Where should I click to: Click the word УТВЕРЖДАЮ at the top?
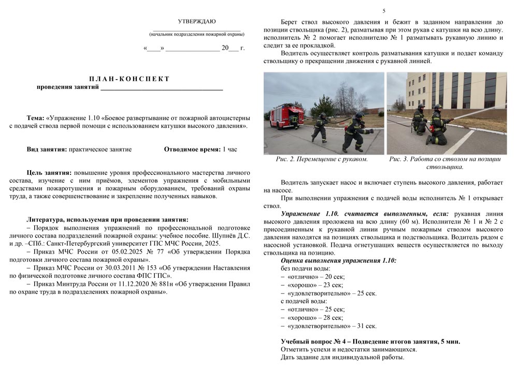pyautogui.click(x=197, y=22)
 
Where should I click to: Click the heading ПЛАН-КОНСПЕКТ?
pyautogui.click(x=129, y=79)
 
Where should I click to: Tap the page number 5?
pyautogui.click(x=384, y=11)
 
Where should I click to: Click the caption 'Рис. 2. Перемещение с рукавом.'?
pyautogui.click(x=322, y=159)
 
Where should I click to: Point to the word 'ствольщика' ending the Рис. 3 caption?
pyautogui.click(x=444, y=167)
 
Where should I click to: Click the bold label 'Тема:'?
pyautogui.click(x=35, y=117)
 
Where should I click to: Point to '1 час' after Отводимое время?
pyautogui.click(x=229, y=150)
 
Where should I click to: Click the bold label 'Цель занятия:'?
pyautogui.click(x=49, y=172)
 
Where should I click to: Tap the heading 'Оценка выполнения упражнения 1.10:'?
pyautogui.click(x=338, y=260)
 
